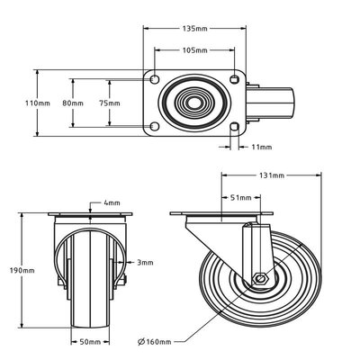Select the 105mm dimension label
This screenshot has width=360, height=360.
[x=195, y=50]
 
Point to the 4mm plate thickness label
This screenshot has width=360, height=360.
[x=112, y=202]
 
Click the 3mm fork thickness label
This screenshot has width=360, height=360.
[x=144, y=262]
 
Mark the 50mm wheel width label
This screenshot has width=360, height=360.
[x=87, y=342]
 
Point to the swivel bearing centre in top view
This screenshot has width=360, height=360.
[x=195, y=103]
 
